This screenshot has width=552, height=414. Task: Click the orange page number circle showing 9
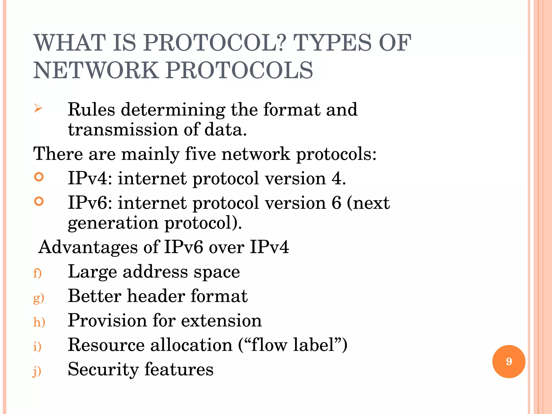point(509,361)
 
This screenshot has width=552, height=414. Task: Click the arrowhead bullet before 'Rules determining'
point(38,109)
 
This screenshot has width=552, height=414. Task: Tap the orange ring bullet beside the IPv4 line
point(39,177)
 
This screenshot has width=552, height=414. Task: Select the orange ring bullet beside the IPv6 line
point(39,201)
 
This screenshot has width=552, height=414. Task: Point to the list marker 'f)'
point(37,273)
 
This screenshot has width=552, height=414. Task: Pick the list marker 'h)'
point(39,322)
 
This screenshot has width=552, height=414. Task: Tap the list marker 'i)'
point(37,346)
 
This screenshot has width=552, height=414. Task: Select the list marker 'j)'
point(37,371)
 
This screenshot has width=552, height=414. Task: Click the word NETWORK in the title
point(96,70)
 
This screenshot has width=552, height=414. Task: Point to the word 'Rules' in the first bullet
point(91,110)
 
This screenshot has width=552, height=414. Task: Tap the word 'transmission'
point(123,130)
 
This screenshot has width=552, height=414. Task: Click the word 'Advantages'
point(88,247)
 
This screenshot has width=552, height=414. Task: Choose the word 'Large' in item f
point(92,272)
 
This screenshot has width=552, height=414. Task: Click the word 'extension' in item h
point(221,321)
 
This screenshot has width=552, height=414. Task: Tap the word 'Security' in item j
point(103,370)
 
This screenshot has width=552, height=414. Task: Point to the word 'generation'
point(113,223)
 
